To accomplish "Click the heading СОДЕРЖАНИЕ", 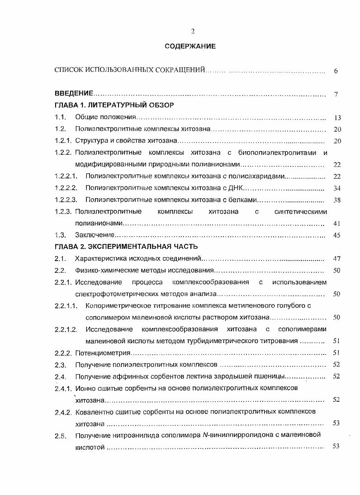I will [190, 46].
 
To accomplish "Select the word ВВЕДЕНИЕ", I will [74, 94].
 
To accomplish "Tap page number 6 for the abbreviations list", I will [336, 71].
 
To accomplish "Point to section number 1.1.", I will [61, 118].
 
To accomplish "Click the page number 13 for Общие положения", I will [337, 118].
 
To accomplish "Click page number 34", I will [336, 188].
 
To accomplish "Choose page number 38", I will [336, 200].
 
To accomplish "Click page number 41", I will [336, 223].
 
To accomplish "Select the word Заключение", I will [94, 235].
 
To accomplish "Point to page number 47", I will [336, 259].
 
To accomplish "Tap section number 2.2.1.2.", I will [66, 329].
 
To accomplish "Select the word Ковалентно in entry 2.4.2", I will [92, 411].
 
